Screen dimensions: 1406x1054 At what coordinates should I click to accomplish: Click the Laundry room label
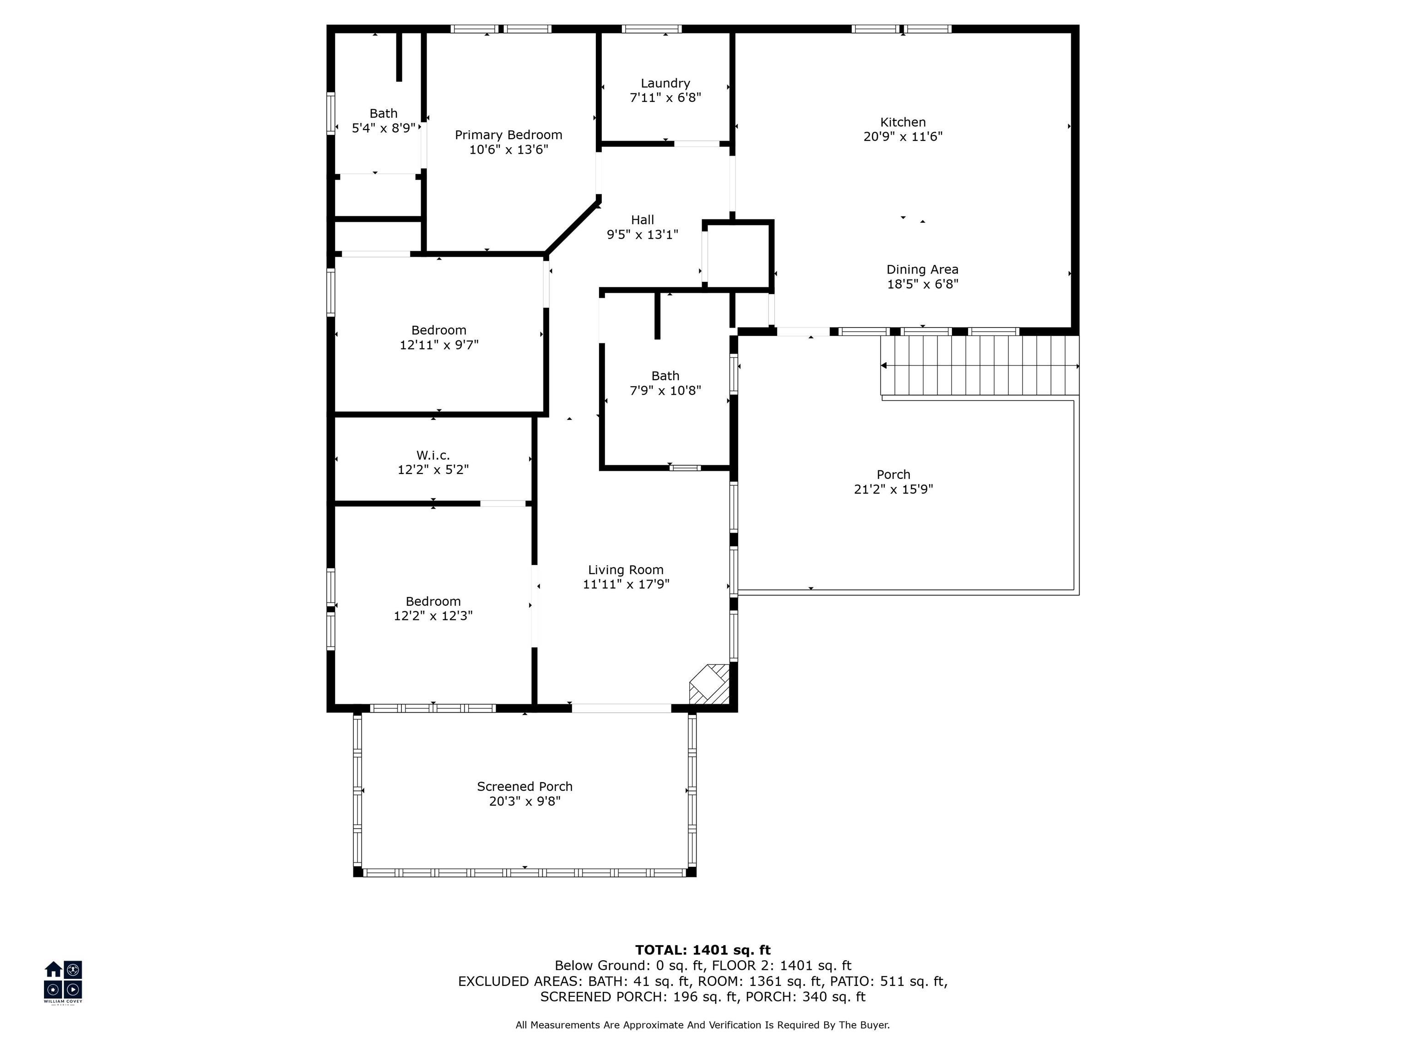click(x=665, y=83)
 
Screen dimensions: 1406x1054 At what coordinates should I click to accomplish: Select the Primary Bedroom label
click(x=508, y=134)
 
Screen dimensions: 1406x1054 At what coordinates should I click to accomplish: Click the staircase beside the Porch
click(x=979, y=366)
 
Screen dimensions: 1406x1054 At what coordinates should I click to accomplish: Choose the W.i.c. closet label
click(x=433, y=455)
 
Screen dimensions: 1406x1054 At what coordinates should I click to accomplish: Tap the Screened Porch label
click(x=525, y=786)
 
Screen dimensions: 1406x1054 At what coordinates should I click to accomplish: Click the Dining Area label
click(x=922, y=269)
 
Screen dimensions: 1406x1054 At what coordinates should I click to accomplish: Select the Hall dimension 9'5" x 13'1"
click(x=643, y=234)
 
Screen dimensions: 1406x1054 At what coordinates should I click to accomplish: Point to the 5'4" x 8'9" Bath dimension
click(x=383, y=128)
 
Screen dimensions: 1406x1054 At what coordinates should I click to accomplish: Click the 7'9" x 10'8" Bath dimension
click(x=665, y=391)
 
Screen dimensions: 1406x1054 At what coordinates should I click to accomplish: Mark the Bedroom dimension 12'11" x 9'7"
click(x=438, y=345)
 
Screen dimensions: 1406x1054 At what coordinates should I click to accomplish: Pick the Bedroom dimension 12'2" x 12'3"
click(x=433, y=616)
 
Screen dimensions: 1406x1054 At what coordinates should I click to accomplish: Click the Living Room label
click(x=626, y=570)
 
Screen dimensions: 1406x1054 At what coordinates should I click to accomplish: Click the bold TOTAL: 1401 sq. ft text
click(x=703, y=950)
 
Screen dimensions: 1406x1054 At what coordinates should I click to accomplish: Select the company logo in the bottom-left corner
click(x=63, y=982)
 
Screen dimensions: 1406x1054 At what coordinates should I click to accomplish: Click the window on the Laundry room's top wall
click(x=652, y=28)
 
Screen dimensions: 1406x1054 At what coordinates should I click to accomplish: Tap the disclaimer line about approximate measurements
click(x=703, y=1025)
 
